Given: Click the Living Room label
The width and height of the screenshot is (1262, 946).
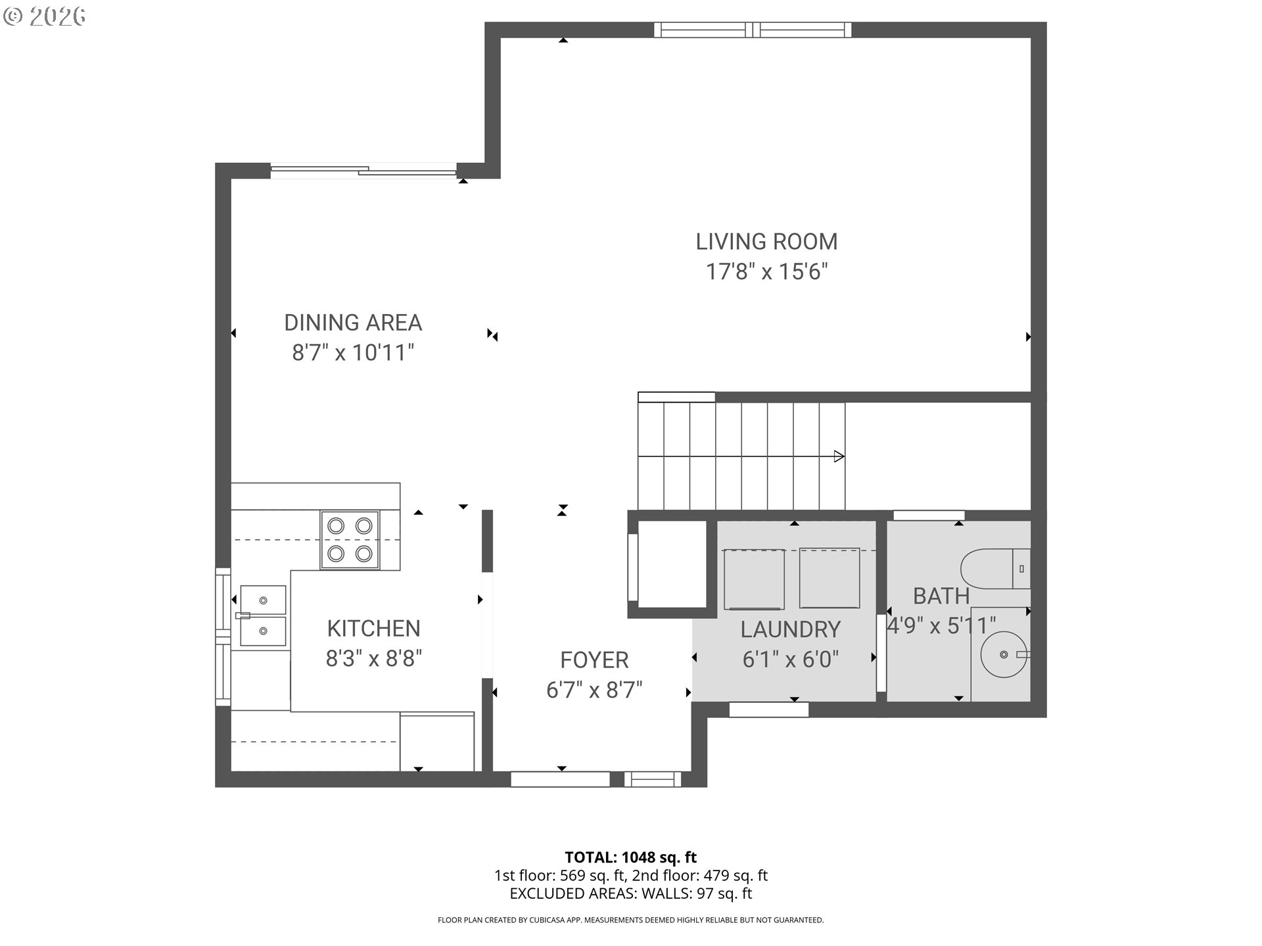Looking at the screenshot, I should coord(766,242).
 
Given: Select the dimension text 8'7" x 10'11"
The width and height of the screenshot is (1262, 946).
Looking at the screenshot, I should coord(353,353).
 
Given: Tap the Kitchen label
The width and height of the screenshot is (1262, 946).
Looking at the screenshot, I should coord(373,628).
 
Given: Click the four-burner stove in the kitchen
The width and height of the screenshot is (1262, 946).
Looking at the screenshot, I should coord(350,539).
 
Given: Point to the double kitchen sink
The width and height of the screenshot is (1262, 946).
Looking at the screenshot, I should coord(263,616).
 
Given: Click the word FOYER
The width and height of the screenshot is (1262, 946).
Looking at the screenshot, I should coord(594,660).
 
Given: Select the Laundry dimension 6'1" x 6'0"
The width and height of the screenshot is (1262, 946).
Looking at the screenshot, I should coord(790,659).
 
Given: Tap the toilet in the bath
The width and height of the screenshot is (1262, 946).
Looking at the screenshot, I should coord(994,569).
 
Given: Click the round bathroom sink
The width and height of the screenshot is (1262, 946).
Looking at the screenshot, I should coord(1003,654).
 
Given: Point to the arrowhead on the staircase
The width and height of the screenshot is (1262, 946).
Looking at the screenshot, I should coord(839,456).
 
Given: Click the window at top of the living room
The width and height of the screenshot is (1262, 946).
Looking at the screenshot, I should coord(753,30).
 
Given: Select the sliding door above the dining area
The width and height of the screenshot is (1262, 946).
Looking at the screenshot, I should coord(363,171).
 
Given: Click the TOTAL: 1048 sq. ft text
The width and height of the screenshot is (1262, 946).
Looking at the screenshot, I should coord(630,857).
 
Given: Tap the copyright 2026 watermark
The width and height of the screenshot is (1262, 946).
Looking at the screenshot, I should coord(45,16).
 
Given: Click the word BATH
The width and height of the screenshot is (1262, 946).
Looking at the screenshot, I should coord(941,596).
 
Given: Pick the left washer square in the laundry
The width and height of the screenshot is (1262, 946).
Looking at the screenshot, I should coord(754,579).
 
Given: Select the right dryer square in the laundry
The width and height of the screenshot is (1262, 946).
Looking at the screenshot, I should coord(830,578).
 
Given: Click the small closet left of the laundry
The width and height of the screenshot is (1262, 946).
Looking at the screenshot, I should coord(672,565).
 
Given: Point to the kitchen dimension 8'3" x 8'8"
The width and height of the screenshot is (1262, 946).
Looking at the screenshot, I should coord(373,658).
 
